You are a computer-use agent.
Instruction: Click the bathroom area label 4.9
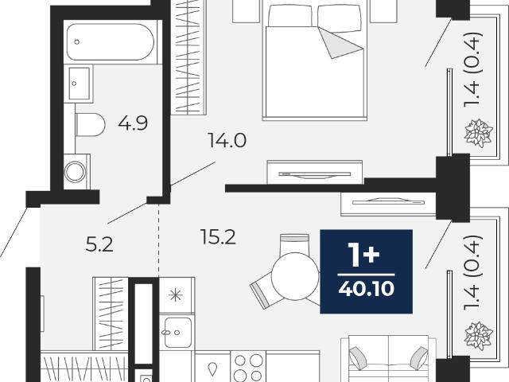[133, 123]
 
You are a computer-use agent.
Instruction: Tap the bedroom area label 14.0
[227, 141]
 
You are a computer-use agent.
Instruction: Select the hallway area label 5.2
[99, 244]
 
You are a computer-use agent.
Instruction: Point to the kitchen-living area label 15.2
[218, 237]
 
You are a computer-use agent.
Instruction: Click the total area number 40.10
[366, 288]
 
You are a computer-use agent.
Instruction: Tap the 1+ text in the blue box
[363, 255]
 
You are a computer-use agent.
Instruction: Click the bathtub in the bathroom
[111, 42]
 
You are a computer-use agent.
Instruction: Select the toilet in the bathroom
[90, 124]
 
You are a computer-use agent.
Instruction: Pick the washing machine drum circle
[75, 172]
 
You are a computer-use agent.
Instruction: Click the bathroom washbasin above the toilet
[79, 84]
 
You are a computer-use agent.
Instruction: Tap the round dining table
[295, 276]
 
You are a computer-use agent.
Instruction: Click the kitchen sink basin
[178, 333]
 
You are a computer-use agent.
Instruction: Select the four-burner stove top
[248, 368]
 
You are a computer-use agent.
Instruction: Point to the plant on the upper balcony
[479, 133]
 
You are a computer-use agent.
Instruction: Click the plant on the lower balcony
[479, 336]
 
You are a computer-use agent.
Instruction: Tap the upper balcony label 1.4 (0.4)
[472, 69]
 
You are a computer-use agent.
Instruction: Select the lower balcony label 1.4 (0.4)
[472, 272]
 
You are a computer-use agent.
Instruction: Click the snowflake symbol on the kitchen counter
[176, 295]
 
